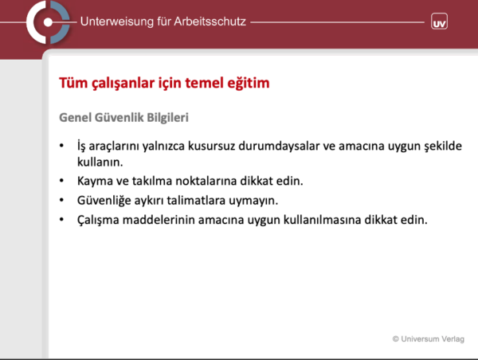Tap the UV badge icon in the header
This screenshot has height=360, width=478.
coord(439,22)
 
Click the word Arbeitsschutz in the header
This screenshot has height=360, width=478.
coord(210,22)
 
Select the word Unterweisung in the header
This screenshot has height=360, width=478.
coord(117,22)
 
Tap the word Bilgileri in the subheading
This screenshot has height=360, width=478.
coord(167,118)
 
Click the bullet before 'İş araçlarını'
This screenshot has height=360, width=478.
coord(61,146)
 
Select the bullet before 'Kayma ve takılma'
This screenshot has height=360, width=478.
coord(61,181)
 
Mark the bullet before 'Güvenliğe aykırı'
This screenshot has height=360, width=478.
coord(61,200)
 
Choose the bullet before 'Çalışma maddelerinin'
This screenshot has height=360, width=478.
coord(61,220)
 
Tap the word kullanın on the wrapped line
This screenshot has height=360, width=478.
coord(100,162)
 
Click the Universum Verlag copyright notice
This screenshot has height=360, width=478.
coord(429,339)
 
